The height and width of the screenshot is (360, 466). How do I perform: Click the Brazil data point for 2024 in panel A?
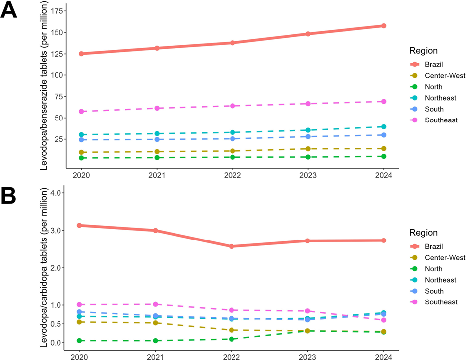pyautogui.click(x=384, y=26)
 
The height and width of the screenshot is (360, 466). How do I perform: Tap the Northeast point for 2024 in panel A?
pyautogui.click(x=384, y=127)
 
